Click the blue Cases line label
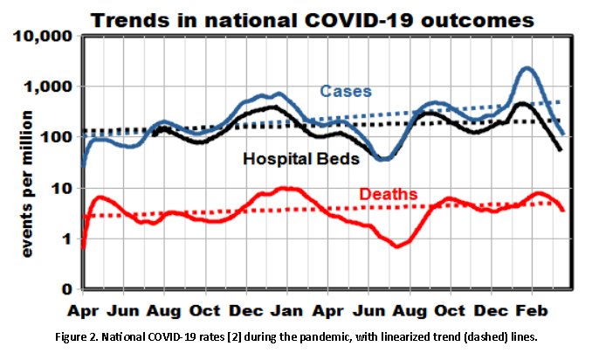[x=345, y=91]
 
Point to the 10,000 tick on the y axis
[x=44, y=37]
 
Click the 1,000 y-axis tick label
[x=49, y=87]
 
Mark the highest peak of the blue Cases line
[x=526, y=68]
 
